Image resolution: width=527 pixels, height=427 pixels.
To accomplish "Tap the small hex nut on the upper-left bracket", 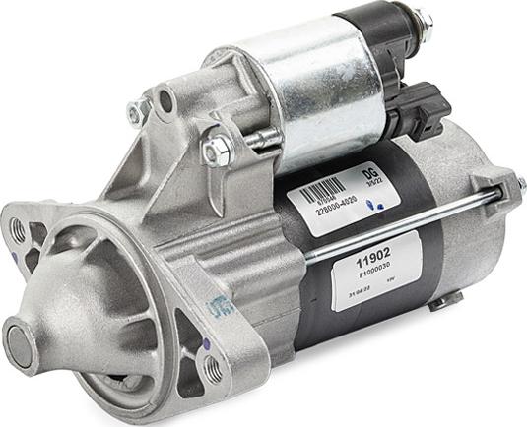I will [136, 113].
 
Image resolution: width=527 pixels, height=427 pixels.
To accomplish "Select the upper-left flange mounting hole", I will [18, 230].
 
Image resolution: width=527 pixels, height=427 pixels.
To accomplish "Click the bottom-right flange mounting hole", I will [210, 370].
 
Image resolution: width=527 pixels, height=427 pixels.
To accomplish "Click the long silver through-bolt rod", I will [404, 222].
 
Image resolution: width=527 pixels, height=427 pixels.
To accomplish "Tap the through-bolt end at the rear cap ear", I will [517, 183].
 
